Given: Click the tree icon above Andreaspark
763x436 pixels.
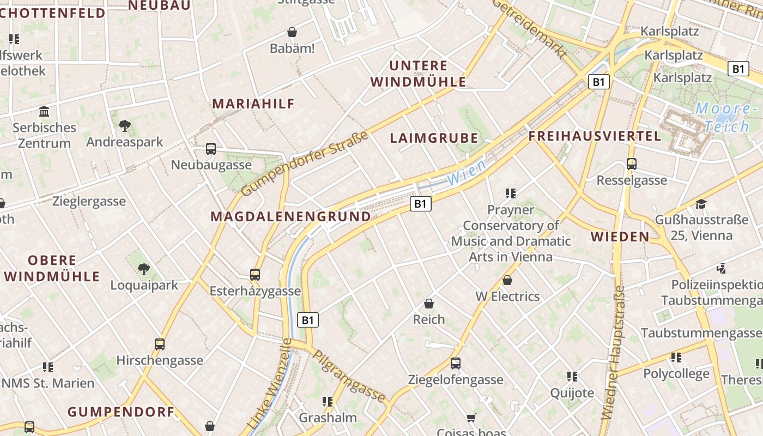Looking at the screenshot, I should click(x=125, y=126).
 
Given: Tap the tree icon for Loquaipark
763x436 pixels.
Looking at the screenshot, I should click(x=144, y=269).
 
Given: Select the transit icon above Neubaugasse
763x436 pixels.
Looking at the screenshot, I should click(x=211, y=148).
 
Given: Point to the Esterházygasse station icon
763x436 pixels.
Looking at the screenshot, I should click(x=255, y=274).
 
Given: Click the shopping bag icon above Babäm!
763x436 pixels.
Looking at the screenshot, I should click(x=292, y=32).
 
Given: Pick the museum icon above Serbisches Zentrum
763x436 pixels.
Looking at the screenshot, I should click(x=44, y=111).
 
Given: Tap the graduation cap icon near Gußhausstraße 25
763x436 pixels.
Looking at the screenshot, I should click(x=701, y=204).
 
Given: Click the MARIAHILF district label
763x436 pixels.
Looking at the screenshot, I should click(x=253, y=104).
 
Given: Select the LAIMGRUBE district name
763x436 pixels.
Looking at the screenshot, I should click(x=434, y=138).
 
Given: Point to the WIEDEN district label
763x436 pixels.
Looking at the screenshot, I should click(x=620, y=237).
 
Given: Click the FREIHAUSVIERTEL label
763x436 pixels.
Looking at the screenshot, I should click(x=595, y=136).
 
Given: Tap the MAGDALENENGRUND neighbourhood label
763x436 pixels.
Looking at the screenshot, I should click(x=290, y=216).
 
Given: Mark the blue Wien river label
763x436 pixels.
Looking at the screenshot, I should click(x=466, y=173).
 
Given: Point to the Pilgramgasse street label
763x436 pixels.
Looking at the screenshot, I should click(x=349, y=376).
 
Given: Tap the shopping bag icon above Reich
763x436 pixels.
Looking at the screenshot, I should click(x=429, y=303).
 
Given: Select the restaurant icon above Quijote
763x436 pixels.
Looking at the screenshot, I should click(x=572, y=376).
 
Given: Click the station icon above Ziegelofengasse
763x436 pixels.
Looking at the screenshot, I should click(x=456, y=363).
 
